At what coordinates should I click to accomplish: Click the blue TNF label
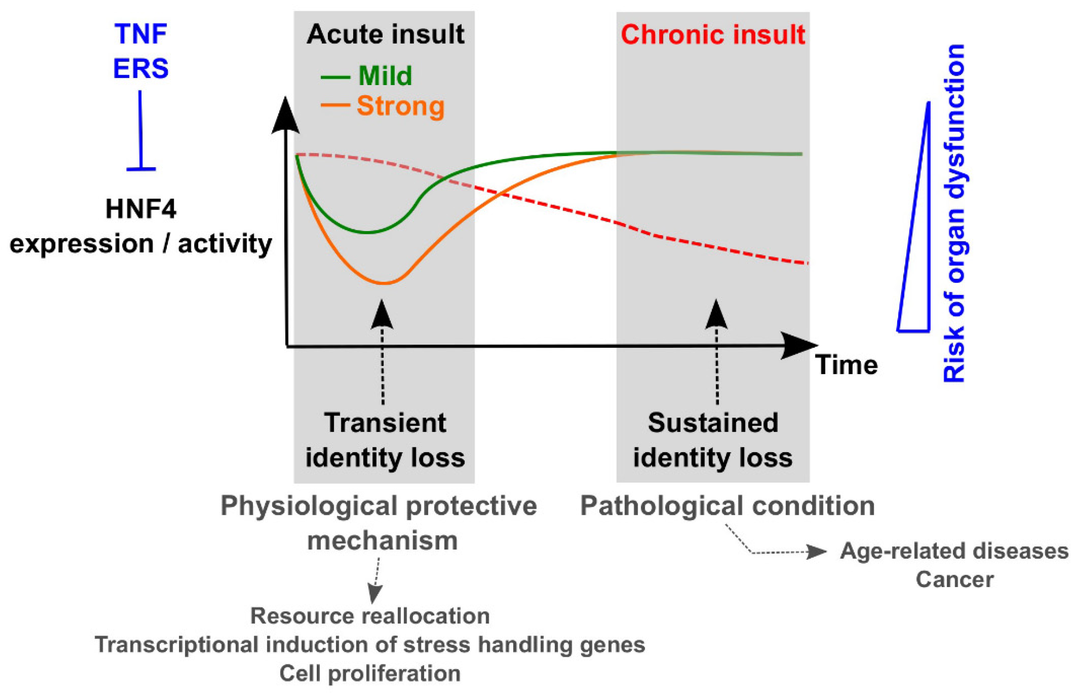pos(141,34)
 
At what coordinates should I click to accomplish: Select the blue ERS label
pos(141,69)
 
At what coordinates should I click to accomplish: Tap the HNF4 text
pos(141,210)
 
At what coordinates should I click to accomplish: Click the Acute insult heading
pos(385,35)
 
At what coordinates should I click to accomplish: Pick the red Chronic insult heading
pos(713,35)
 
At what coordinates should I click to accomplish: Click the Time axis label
pos(846,365)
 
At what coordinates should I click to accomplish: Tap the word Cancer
pos(954,580)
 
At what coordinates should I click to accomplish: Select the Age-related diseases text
pos(954,551)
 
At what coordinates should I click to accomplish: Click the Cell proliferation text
pos(370,673)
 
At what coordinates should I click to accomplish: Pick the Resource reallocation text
pos(370,616)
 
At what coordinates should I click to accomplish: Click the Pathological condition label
pos(727,506)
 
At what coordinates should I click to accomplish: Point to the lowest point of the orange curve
pos(384,283)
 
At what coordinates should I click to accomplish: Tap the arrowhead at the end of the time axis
pos(800,346)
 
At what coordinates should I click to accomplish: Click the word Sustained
pos(713,423)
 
